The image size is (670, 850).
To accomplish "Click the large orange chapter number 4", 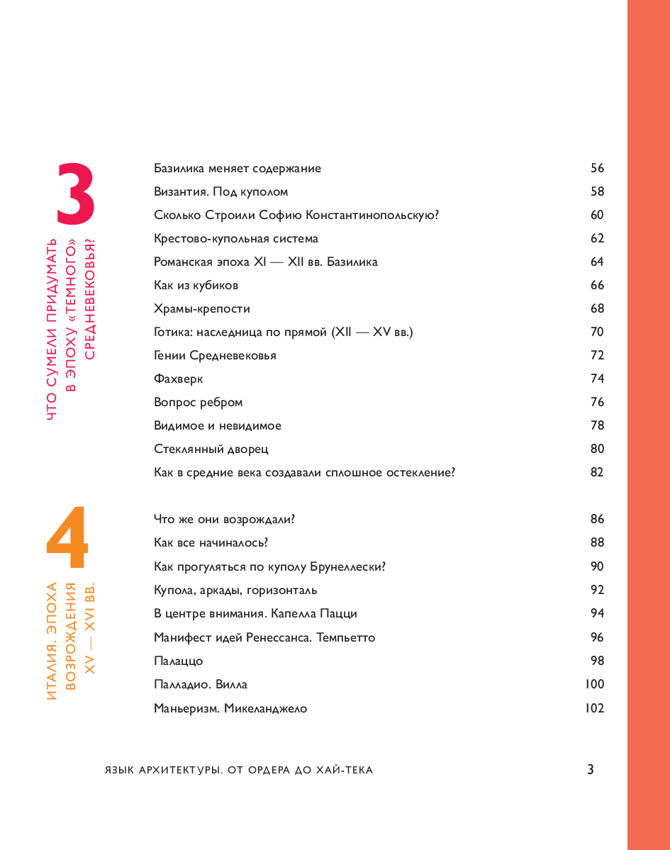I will (x=67, y=539).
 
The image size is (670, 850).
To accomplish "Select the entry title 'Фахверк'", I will (x=178, y=379).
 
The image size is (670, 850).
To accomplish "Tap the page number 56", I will (x=597, y=168).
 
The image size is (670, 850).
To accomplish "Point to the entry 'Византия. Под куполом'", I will (x=220, y=191).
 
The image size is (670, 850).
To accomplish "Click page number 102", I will (x=595, y=708).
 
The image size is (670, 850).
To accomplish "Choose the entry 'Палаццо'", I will (x=178, y=661).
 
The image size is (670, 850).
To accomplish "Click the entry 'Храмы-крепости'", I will (x=201, y=308).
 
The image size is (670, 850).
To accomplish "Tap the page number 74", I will (x=597, y=379).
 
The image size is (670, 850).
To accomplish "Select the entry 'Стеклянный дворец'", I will (x=211, y=449).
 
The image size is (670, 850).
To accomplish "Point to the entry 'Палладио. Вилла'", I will (x=200, y=684).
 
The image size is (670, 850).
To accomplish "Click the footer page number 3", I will (x=590, y=770).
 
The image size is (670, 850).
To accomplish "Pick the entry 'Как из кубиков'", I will (x=196, y=285).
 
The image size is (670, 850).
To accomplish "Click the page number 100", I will (x=595, y=684).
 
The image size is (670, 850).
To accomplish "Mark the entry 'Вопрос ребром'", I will (x=198, y=402).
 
